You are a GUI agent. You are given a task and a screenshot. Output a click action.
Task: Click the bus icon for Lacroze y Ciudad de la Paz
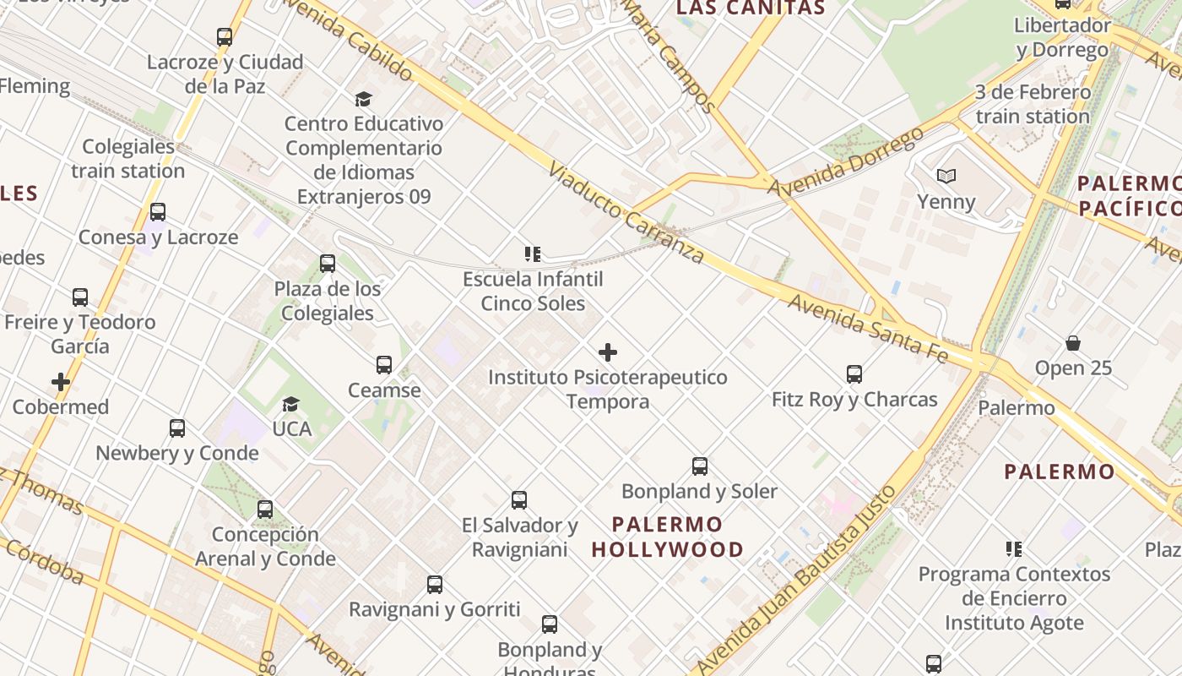(224, 37)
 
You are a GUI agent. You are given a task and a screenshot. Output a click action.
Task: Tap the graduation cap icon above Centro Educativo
(363, 99)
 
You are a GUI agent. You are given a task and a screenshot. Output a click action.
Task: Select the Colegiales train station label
(127, 158)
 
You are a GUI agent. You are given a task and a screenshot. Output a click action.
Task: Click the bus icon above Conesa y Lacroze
(158, 212)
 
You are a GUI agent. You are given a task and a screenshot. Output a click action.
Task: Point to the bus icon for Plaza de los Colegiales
(328, 264)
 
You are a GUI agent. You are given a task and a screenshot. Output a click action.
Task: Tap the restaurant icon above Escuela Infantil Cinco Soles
(532, 253)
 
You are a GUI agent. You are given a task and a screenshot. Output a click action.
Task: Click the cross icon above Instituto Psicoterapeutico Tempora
(607, 352)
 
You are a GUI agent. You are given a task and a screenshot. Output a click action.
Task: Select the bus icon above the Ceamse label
(384, 365)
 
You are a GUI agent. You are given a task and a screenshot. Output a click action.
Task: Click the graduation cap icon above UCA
(291, 404)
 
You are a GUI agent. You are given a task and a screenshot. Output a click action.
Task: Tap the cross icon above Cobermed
(61, 382)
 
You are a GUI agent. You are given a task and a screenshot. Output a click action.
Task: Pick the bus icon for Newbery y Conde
(177, 428)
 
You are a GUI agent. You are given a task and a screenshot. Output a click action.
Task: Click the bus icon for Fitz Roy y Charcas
(854, 374)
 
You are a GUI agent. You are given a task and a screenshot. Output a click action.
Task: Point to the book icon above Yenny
(946, 177)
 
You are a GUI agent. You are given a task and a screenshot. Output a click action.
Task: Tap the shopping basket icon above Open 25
(1073, 343)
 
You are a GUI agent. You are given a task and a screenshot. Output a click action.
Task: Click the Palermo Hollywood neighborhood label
(667, 537)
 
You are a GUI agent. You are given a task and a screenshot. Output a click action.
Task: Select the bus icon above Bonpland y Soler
(700, 466)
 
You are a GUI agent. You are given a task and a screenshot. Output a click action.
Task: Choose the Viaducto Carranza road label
(626, 213)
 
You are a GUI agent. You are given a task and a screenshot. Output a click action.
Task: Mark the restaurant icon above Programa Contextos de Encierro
(1014, 549)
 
